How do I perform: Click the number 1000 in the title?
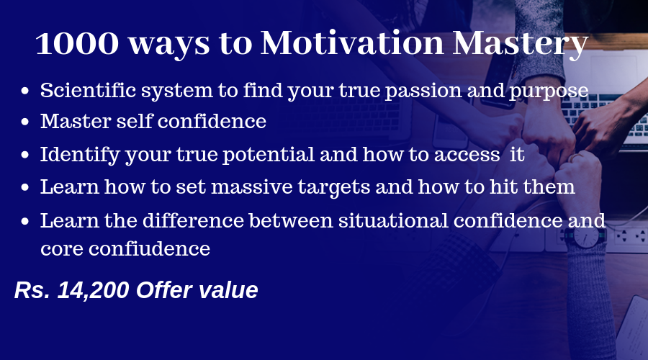[77, 43]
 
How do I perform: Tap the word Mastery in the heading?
[521, 44]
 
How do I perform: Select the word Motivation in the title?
[353, 42]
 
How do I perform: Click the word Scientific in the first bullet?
[88, 90]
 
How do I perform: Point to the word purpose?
[549, 91]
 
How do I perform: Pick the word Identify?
[80, 156]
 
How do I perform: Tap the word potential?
[269, 155]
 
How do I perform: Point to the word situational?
[393, 220]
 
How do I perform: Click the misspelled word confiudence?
[149, 248]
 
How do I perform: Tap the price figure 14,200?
[94, 290]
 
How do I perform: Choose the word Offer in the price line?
[164, 289]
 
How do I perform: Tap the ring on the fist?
[575, 158]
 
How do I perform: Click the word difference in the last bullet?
[194, 220]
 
